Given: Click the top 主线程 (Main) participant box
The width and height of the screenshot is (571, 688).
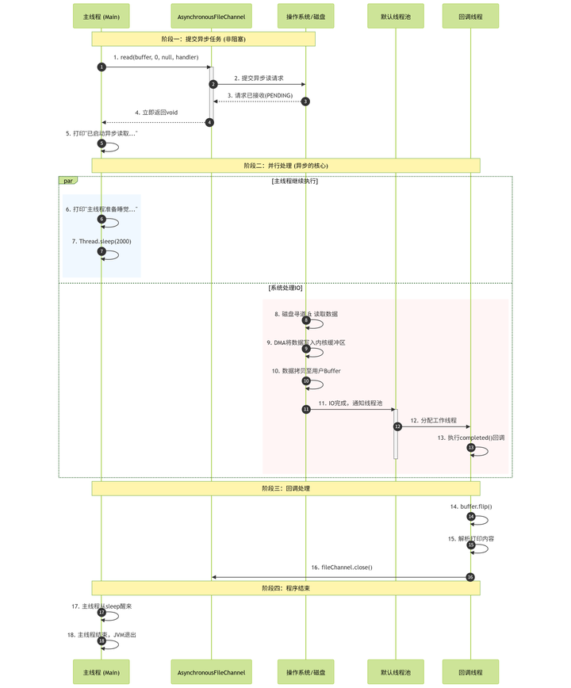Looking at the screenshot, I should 102,16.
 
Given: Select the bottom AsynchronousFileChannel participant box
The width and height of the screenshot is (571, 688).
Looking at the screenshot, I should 211,671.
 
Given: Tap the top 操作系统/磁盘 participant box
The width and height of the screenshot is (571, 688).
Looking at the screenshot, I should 305,16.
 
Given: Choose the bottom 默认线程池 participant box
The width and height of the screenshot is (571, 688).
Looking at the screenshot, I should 395,671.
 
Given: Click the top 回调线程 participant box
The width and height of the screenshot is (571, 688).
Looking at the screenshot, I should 470,16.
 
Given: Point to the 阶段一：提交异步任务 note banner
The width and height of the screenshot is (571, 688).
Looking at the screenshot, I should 204,39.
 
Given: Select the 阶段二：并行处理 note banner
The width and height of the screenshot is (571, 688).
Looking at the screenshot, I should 285,165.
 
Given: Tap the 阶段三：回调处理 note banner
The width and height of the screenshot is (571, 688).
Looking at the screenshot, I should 285,488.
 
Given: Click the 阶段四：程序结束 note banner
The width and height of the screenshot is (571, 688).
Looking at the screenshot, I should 285,587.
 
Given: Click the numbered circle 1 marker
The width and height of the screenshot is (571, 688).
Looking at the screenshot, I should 102,67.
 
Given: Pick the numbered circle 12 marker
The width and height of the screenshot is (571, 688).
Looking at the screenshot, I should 398,426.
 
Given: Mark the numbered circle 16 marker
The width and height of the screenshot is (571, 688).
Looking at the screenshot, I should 470,577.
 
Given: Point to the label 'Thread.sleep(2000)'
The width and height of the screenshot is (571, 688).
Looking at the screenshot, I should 102,241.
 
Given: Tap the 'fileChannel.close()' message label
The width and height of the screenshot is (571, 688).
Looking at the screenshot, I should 341,568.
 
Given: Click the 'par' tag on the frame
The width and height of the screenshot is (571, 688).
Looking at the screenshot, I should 68,181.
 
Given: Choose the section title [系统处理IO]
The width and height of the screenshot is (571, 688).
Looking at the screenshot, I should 285,288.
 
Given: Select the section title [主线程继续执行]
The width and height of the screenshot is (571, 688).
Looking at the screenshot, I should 295,182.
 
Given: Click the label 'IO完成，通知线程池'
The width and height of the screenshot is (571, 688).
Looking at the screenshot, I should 351,403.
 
